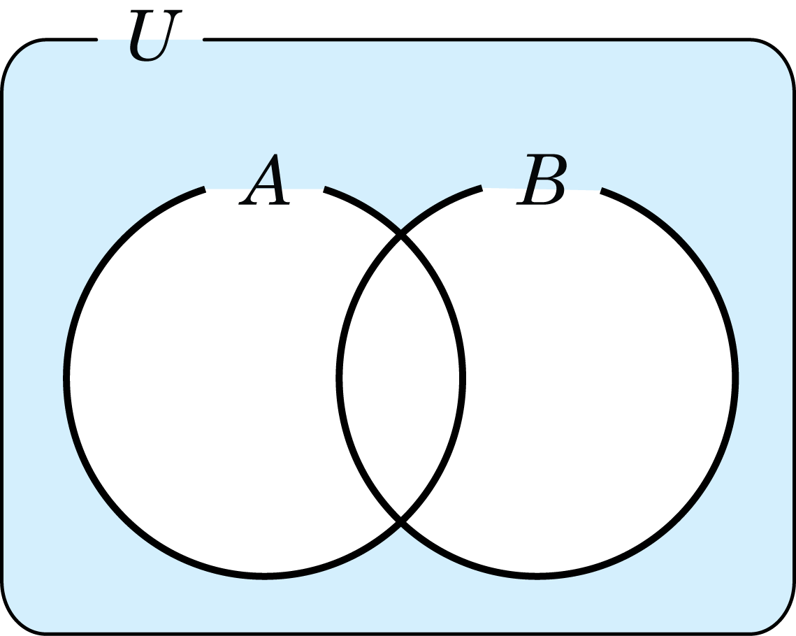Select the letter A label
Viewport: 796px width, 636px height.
(x=264, y=179)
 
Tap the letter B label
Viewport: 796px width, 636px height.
(x=541, y=179)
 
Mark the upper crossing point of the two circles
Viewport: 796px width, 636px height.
(x=401, y=234)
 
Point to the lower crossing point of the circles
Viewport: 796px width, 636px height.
(x=401, y=521)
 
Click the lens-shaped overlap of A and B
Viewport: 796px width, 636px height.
(x=401, y=378)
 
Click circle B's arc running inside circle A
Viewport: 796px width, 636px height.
(x=339, y=378)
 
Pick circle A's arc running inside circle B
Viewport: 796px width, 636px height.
(x=463, y=378)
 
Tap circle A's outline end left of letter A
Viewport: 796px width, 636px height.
(x=205, y=189)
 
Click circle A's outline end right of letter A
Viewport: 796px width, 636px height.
(x=324, y=189)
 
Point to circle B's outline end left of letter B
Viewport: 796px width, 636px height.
(x=482, y=188)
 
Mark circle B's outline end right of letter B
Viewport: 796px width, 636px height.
(x=600, y=191)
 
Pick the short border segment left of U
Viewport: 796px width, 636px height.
(x=71, y=39)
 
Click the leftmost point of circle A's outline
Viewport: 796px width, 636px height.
(x=66, y=378)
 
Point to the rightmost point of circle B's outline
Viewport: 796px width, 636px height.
(x=736, y=378)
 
